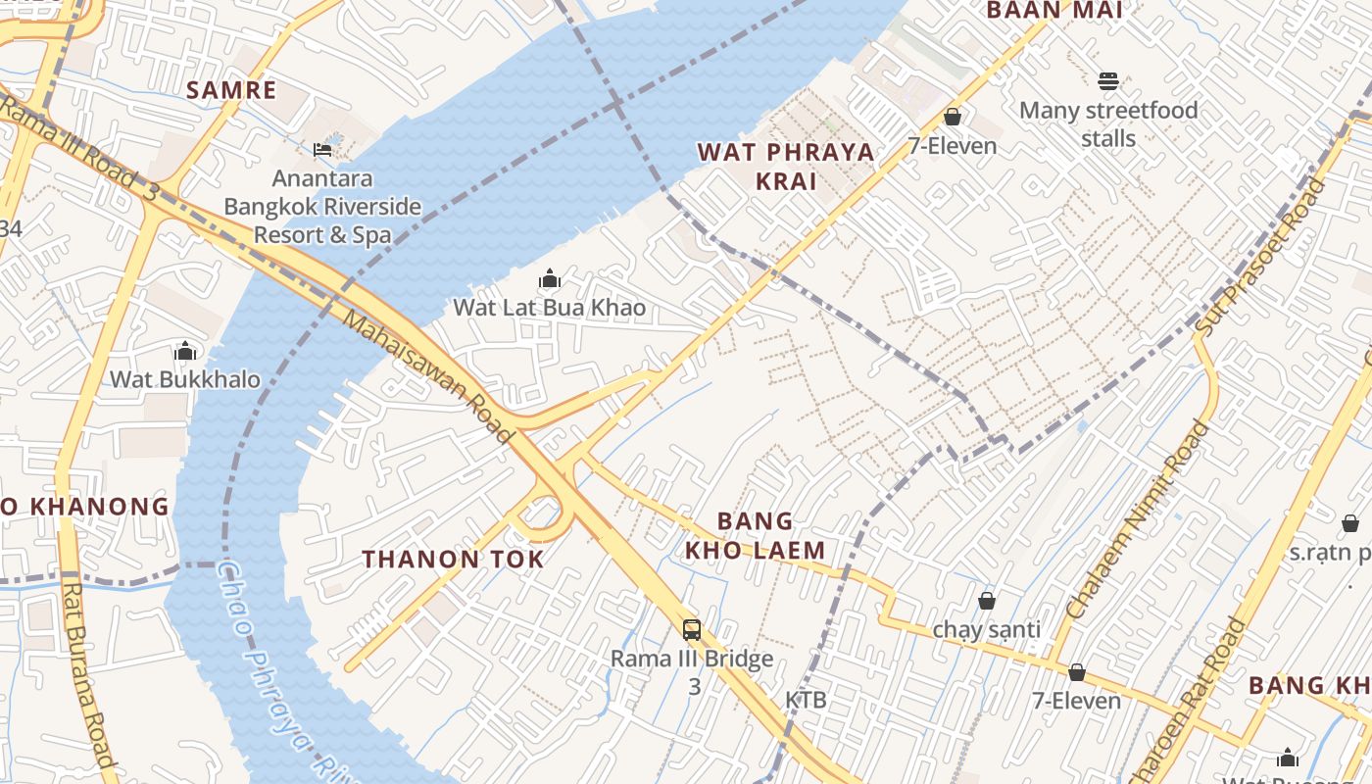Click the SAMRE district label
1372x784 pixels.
click(231, 90)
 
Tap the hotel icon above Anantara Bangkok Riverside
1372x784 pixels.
click(322, 150)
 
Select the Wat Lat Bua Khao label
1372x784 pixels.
click(549, 308)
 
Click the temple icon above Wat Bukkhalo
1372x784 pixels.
click(185, 351)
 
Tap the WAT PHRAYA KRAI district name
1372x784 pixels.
click(786, 167)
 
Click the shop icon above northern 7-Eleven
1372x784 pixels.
click(952, 118)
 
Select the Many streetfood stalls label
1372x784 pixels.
click(1108, 123)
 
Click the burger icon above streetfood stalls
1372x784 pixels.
click(1108, 80)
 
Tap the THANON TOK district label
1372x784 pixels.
click(453, 560)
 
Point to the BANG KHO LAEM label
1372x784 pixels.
click(755, 535)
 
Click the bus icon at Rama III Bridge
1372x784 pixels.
click(692, 629)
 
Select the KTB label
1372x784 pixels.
click(806, 700)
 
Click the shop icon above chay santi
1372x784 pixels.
click(987, 600)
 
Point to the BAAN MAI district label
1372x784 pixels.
click(1053, 10)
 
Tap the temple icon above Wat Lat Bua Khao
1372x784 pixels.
click(550, 278)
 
